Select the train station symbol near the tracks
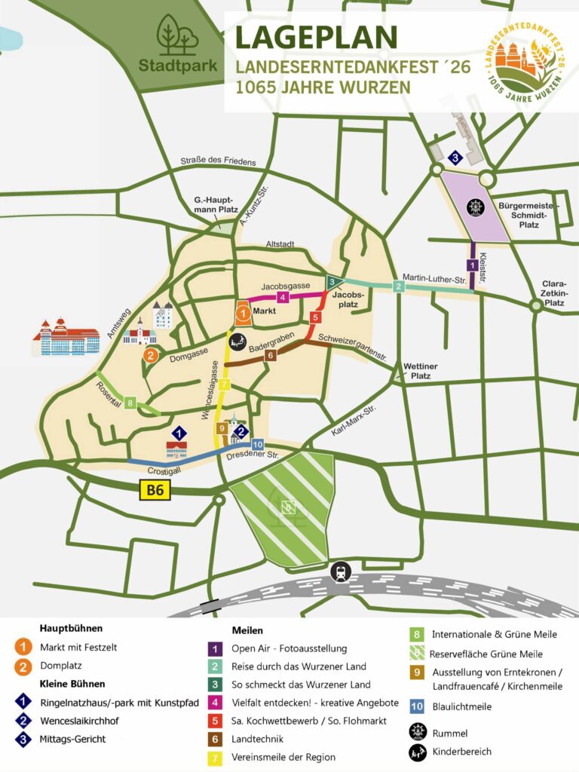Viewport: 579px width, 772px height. [339, 571]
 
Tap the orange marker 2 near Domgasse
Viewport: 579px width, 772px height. [151, 355]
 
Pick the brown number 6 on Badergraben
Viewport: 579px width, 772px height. [271, 354]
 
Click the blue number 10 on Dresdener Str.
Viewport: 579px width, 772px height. [257, 445]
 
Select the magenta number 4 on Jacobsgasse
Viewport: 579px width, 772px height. [282, 297]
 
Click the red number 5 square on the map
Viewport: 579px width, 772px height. [315, 317]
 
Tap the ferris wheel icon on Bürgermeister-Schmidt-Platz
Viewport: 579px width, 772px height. [475, 205]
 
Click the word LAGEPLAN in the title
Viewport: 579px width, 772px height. [316, 38]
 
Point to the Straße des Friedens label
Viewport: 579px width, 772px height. [219, 161]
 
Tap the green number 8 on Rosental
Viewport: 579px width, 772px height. [130, 403]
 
